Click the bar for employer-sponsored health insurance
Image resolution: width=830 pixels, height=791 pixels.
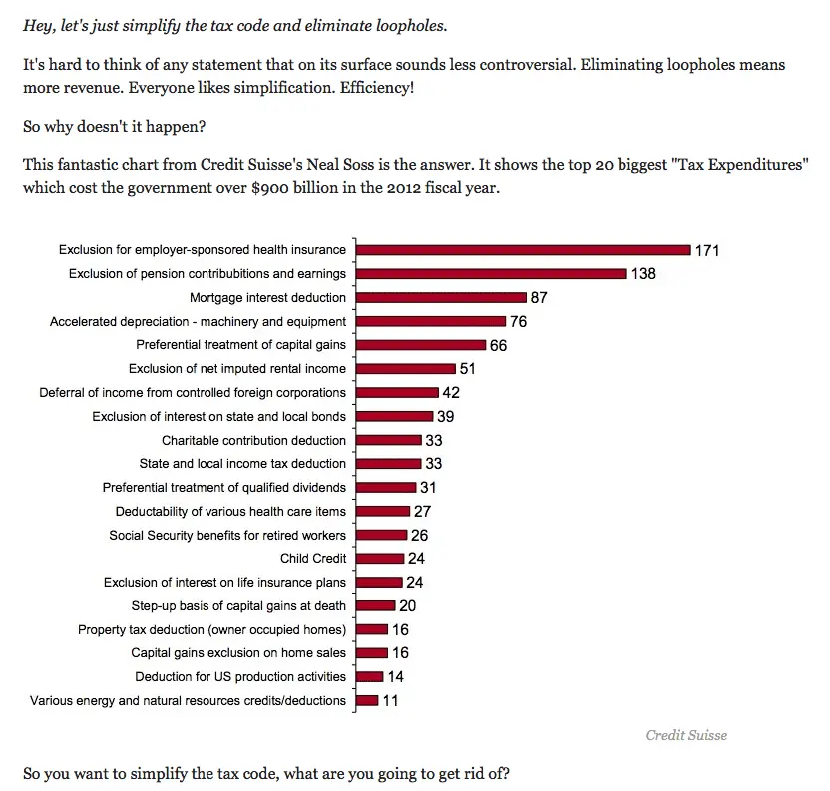[523, 250]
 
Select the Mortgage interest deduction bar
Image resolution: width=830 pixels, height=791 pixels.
[441, 297]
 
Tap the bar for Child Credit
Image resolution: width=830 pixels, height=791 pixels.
[380, 559]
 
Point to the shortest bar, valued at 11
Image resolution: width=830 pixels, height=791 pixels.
[367, 700]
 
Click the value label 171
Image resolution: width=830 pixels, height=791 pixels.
[707, 250]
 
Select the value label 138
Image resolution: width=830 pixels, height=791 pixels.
[643, 273]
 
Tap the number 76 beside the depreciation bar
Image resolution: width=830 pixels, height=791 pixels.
[518, 321]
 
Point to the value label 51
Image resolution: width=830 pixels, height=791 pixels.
[467, 369]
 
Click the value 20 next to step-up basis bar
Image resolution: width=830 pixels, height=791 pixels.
[407, 605]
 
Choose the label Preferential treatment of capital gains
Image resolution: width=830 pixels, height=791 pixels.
[240, 345]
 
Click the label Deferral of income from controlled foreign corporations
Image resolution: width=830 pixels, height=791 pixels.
[193, 393]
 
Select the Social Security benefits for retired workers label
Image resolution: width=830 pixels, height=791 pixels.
[227, 536]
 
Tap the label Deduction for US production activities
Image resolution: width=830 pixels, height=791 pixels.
[240, 677]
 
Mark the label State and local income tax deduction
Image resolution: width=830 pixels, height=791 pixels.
[242, 464]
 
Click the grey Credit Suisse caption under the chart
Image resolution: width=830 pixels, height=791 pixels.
[686, 735]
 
